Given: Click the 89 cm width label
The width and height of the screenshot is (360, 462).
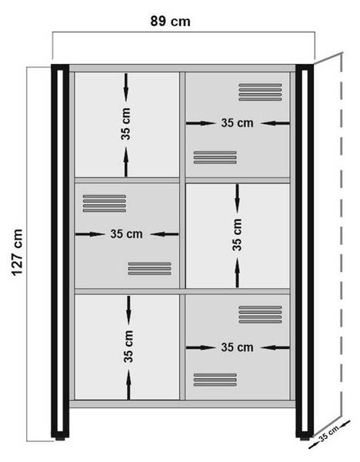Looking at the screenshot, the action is point(170,22).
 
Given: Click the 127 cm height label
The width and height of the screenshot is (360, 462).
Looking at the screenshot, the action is point(17,253).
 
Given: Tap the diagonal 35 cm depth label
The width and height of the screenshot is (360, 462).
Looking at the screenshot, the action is point(329,434).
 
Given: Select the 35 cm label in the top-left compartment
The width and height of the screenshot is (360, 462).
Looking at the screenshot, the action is point(125,124).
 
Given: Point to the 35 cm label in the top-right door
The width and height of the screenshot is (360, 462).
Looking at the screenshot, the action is point(237,123).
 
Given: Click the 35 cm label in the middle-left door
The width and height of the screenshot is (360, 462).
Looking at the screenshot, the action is point(127,234).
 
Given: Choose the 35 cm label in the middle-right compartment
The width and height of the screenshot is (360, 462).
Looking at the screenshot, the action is point(237,235).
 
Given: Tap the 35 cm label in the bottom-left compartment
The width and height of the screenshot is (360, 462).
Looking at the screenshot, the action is point(128,346).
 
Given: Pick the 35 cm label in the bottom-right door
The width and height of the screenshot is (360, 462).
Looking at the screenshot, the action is point(237,347).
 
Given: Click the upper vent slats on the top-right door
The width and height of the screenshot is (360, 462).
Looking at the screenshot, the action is point(260,92).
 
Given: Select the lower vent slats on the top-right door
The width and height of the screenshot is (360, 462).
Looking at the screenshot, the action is point(215,157).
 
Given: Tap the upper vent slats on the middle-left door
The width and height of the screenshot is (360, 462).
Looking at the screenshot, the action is point(105,203).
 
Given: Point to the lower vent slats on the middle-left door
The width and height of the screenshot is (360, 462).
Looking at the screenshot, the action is point(149,269).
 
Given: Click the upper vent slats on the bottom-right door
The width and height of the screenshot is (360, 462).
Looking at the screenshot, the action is point(260,314).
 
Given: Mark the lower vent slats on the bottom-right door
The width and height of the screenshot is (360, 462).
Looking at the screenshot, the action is point(215,380).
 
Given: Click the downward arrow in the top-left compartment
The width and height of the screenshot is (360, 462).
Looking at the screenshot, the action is point(126,88).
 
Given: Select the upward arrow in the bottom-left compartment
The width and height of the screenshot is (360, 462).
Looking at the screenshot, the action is point(128,384).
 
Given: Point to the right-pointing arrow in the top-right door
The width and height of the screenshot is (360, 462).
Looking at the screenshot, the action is point(201,123).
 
